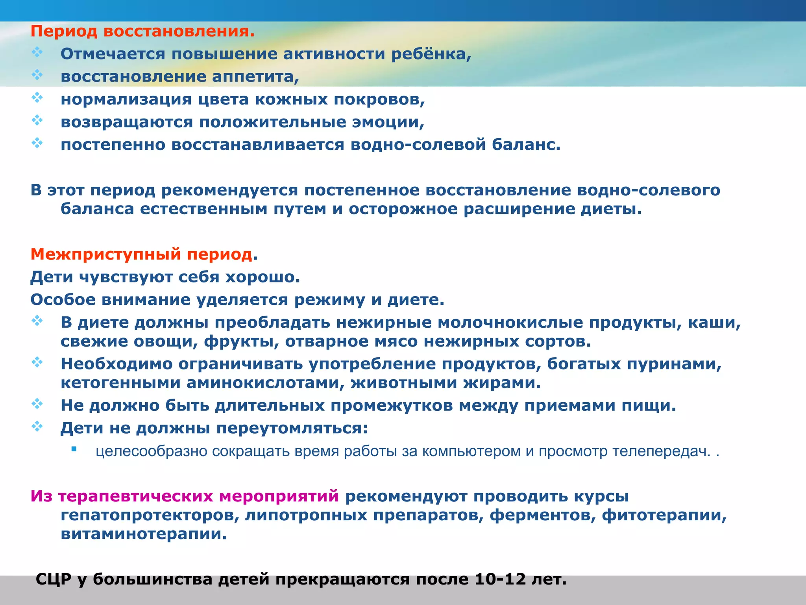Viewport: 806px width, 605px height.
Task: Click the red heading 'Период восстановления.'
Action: coord(142,31)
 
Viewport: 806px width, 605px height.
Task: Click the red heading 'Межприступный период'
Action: coord(141,254)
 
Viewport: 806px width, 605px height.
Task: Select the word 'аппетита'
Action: coord(255,76)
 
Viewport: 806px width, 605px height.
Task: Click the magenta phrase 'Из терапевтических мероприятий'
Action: coord(185,496)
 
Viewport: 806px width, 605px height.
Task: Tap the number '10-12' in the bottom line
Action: coord(500,579)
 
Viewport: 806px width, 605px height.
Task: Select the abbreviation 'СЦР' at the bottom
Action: coord(54,579)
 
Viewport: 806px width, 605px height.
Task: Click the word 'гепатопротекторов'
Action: coord(150,515)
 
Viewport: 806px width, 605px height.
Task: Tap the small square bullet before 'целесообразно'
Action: coord(74,449)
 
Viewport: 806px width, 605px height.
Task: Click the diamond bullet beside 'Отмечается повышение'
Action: coord(37,52)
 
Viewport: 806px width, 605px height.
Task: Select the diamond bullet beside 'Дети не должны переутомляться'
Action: coord(37,426)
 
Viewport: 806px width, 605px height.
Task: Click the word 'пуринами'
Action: coord(673,364)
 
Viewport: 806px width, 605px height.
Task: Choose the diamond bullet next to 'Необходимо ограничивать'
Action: coord(37,362)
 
